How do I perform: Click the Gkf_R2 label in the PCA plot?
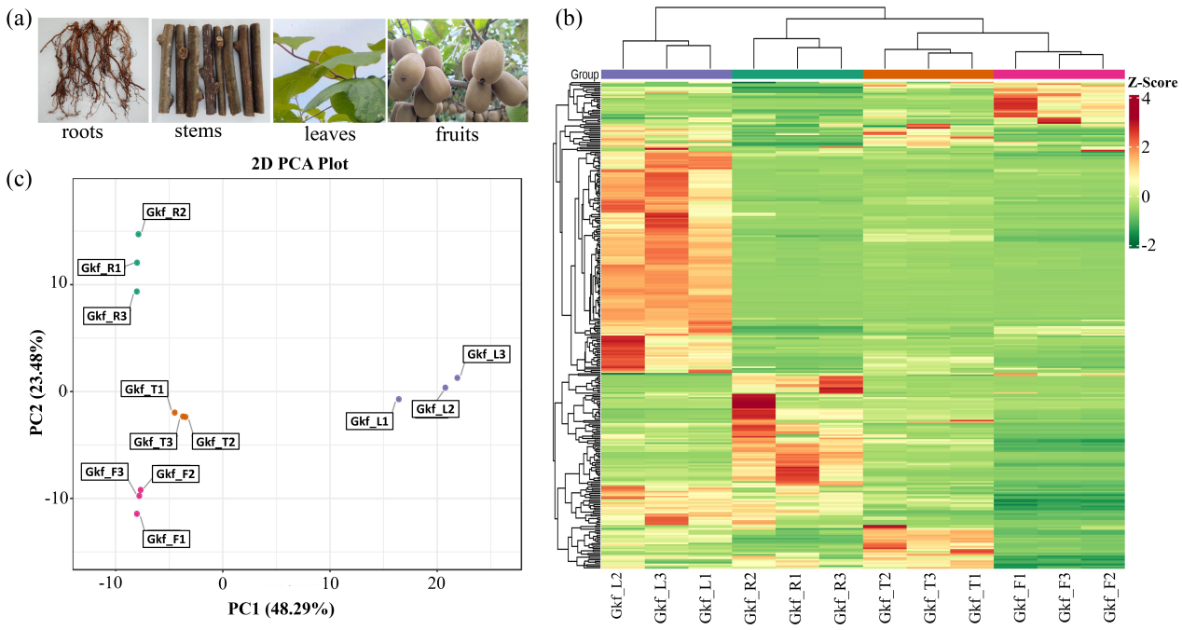click(x=166, y=212)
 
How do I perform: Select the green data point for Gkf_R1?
click(x=137, y=263)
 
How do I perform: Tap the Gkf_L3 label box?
click(x=486, y=354)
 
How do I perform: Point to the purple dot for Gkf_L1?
click(x=398, y=399)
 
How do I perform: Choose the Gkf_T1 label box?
click(x=144, y=390)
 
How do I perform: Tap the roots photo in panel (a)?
click(x=92, y=71)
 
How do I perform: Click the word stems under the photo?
click(x=198, y=131)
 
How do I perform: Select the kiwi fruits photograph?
click(x=458, y=71)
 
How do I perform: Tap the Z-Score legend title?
click(x=1153, y=82)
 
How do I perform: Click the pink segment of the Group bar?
click(x=1059, y=75)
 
